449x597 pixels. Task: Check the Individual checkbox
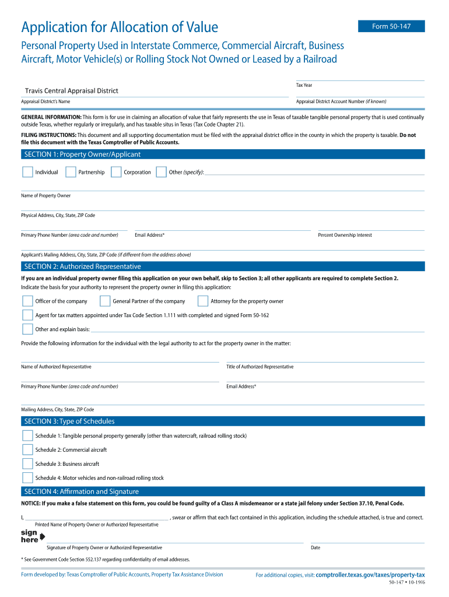27,172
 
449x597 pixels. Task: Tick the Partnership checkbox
71,172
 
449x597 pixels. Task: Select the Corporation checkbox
115,172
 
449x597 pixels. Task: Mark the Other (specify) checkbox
161,172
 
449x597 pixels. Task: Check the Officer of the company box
27,301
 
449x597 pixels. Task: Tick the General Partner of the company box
105,301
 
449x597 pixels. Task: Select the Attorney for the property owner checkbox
203,301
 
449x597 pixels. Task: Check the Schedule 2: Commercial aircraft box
27,449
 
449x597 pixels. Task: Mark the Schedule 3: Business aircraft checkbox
27,464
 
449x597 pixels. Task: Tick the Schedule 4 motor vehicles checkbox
27,478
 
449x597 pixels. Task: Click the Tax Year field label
304,86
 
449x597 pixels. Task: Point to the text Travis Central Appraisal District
71,91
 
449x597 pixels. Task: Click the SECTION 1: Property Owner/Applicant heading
82,154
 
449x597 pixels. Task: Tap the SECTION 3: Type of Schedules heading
69,422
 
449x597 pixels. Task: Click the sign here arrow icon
42,536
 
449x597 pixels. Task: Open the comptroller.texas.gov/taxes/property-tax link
370,575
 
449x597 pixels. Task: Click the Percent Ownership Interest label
345,235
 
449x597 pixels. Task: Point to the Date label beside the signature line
315,547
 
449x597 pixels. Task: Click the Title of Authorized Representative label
259,367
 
